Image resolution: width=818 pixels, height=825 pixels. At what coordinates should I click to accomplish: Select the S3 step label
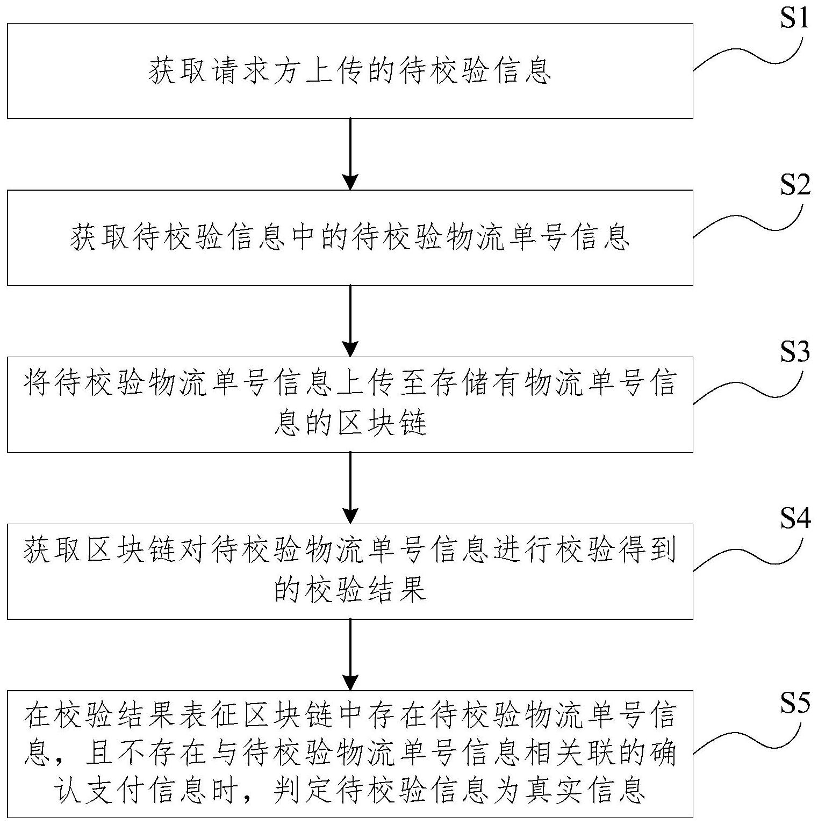pos(794,353)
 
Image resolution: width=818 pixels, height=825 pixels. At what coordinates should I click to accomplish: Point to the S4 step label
pos(794,520)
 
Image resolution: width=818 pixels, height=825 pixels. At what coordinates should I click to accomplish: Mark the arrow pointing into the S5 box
pos(350,655)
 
